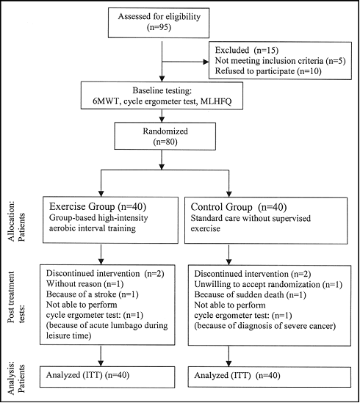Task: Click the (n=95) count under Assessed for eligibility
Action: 159,27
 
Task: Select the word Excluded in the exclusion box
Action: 232,50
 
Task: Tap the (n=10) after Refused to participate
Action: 309,71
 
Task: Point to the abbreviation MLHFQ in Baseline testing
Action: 216,101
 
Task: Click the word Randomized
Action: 165,131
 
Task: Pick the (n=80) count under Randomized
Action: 165,142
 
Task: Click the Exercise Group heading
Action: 82,206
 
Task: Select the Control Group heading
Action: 222,207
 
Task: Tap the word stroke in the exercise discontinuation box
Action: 105,294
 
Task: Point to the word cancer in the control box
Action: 322,326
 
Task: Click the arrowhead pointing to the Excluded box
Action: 206,62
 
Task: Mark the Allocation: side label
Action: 12,222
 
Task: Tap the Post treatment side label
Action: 11,297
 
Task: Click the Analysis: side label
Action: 12,378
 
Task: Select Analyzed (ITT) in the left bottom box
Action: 74,375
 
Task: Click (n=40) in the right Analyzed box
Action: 268,376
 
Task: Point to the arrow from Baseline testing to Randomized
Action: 162,116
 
